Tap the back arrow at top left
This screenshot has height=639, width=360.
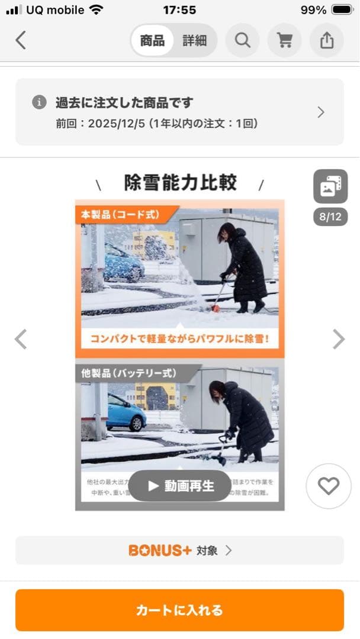[21, 40]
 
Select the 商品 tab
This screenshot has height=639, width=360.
[153, 40]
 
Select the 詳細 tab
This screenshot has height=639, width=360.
[194, 40]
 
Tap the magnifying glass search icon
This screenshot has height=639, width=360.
[242, 40]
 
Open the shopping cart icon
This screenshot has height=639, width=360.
[285, 40]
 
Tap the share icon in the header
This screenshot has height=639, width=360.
[327, 40]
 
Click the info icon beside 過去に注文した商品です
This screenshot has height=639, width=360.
[39, 102]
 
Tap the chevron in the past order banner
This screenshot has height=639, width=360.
[321, 112]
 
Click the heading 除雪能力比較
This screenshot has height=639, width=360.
[180, 183]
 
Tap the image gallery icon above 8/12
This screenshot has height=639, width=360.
[330, 186]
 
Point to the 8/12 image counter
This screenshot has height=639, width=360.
[330, 217]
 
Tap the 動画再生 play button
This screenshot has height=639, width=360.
[180, 486]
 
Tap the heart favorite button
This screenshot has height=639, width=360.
[328, 486]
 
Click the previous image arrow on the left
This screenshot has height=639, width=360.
[21, 339]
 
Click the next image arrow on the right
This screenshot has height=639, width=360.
[338, 339]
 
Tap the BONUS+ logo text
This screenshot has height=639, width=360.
[160, 550]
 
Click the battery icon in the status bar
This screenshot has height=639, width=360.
[342, 10]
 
